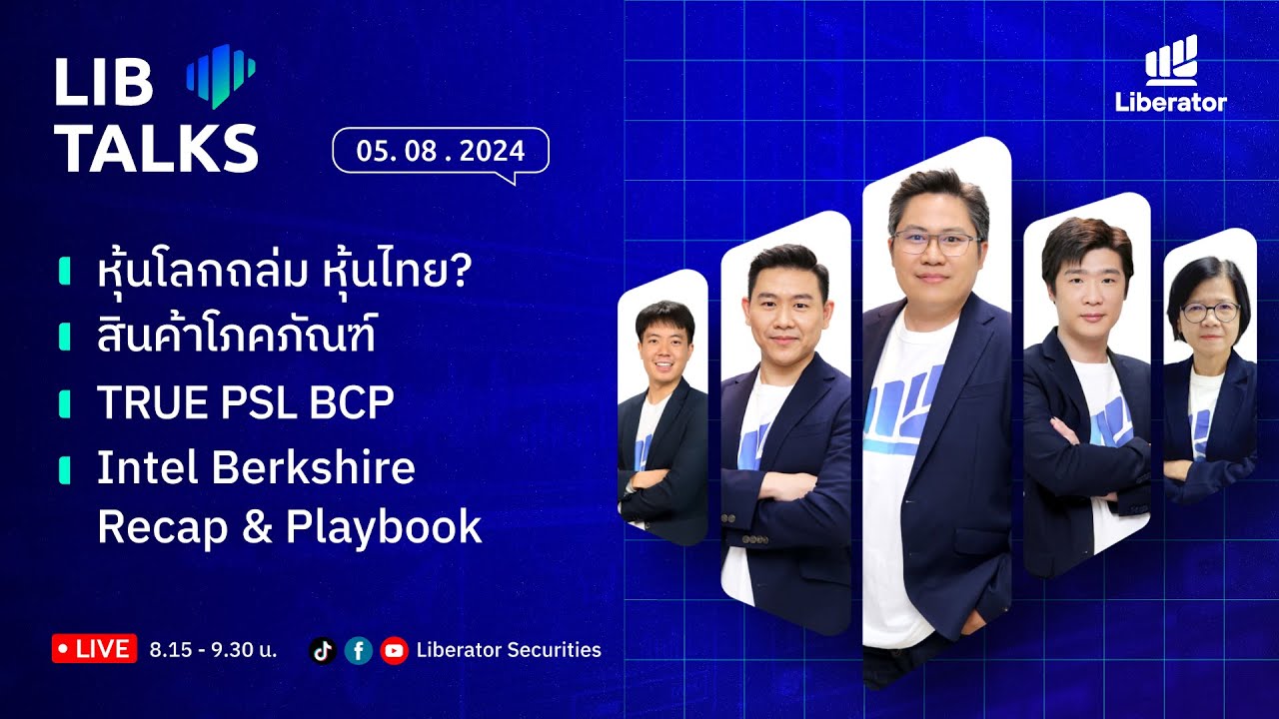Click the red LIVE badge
(94, 649)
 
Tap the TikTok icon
(322, 651)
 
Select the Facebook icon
(358, 651)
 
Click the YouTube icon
(395, 651)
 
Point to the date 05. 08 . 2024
(441, 151)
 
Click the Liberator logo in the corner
(1171, 74)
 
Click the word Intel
(141, 467)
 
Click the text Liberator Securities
(509, 650)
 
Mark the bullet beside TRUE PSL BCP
(65, 403)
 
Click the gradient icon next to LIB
(221, 75)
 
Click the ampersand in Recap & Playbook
(257, 527)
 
